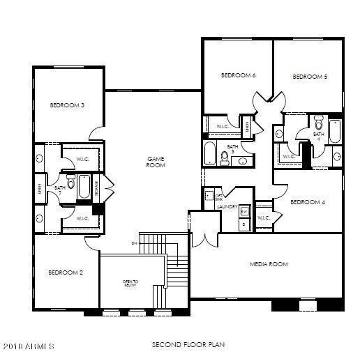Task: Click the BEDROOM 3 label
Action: coord(67,105)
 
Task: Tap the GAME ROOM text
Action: coord(155,162)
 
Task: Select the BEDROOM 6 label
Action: coord(238,75)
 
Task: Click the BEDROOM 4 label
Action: coord(308,203)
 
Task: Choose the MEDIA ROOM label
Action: coord(269,264)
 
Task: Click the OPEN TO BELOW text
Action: coord(131,283)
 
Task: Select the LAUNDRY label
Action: coord(227,206)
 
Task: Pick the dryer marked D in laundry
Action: coord(244,224)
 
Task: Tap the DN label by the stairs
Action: coord(133,243)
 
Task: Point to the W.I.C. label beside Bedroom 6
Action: coord(224,126)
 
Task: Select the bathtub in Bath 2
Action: coord(84,187)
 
